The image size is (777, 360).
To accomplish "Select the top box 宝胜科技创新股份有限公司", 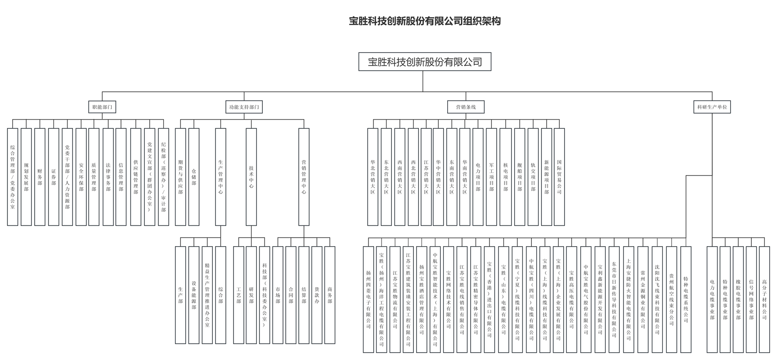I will pyautogui.click(x=424, y=62).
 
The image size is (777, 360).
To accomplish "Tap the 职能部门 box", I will pyautogui.click(x=102, y=107).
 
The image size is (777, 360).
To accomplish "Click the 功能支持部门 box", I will pyautogui.click(x=244, y=107).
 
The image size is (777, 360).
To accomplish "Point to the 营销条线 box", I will pyautogui.click(x=466, y=107).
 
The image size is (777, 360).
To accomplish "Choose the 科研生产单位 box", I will pyautogui.click(x=712, y=107).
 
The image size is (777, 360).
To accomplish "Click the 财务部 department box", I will pyautogui.click(x=40, y=177).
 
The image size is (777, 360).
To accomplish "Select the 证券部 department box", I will pyautogui.click(x=54, y=177).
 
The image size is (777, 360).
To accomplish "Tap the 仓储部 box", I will pyautogui.click(x=194, y=177).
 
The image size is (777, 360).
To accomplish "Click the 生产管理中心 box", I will pyautogui.click(x=220, y=177).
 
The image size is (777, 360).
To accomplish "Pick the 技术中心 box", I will pyautogui.click(x=251, y=177).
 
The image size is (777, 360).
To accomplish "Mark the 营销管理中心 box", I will pyautogui.click(x=304, y=177).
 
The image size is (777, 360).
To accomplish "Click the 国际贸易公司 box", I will pyautogui.click(x=559, y=177).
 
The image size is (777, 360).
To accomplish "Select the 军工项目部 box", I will pyautogui.click(x=491, y=177).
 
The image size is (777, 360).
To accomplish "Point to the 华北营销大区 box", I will pyautogui.click(x=373, y=177).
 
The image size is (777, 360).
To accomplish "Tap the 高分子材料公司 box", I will pyautogui.click(x=764, y=299).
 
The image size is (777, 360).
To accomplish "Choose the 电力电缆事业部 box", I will pyautogui.click(x=712, y=299).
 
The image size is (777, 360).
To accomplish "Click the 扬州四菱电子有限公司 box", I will pyautogui.click(x=368, y=299).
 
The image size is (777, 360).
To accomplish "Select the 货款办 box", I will pyautogui.click(x=317, y=295).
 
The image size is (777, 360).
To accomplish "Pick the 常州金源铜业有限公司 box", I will pyautogui.click(x=643, y=299).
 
